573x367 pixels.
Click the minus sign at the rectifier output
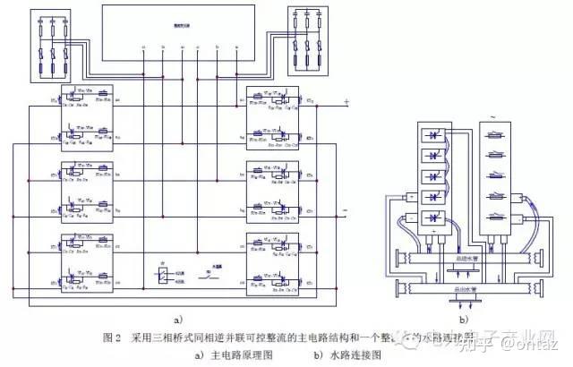point(345,212)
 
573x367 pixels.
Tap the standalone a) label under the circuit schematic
point(177,318)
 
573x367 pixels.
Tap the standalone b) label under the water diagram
point(464,319)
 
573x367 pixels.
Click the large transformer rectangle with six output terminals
point(185,32)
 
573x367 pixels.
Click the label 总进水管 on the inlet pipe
point(465,260)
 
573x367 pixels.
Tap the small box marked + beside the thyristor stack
point(410,196)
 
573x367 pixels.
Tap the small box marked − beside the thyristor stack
point(410,218)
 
